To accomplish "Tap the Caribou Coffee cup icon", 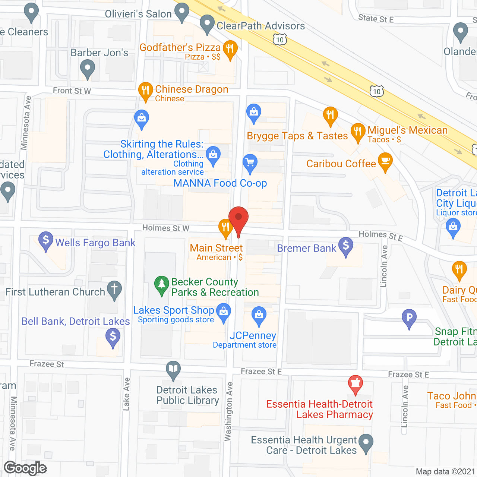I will pos(385,161).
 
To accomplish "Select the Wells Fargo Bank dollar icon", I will pos(46,240).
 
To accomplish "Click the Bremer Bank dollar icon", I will pos(346,246).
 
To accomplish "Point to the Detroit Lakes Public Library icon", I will pos(173,370).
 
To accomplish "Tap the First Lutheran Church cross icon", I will pos(114,290).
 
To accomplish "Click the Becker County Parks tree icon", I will pos(161,284).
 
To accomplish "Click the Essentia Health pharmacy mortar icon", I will pos(355,383).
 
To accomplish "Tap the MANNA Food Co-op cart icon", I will pos(250,163).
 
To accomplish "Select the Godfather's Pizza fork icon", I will pos(230,49).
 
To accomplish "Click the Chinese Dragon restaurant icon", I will pos(145,91).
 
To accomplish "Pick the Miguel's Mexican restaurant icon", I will pos(358,132).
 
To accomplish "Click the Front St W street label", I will pos(72,91).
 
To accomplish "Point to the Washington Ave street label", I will pos(228,411).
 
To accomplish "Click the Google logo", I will pos(25,468).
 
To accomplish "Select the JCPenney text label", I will pos(253,335).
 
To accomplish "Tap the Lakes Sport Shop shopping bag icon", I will pos(224,312).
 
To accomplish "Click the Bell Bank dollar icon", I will pos(113,338).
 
